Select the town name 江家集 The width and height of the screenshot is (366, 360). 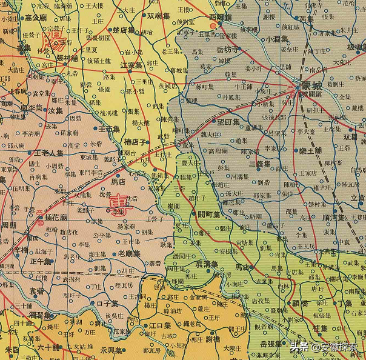pos(131,65)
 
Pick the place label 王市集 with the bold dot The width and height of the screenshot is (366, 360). pos(110,129)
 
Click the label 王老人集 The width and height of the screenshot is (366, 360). pos(53,153)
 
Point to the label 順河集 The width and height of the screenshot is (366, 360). pos(333,218)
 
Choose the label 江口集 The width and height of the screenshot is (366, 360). pos(160,326)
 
